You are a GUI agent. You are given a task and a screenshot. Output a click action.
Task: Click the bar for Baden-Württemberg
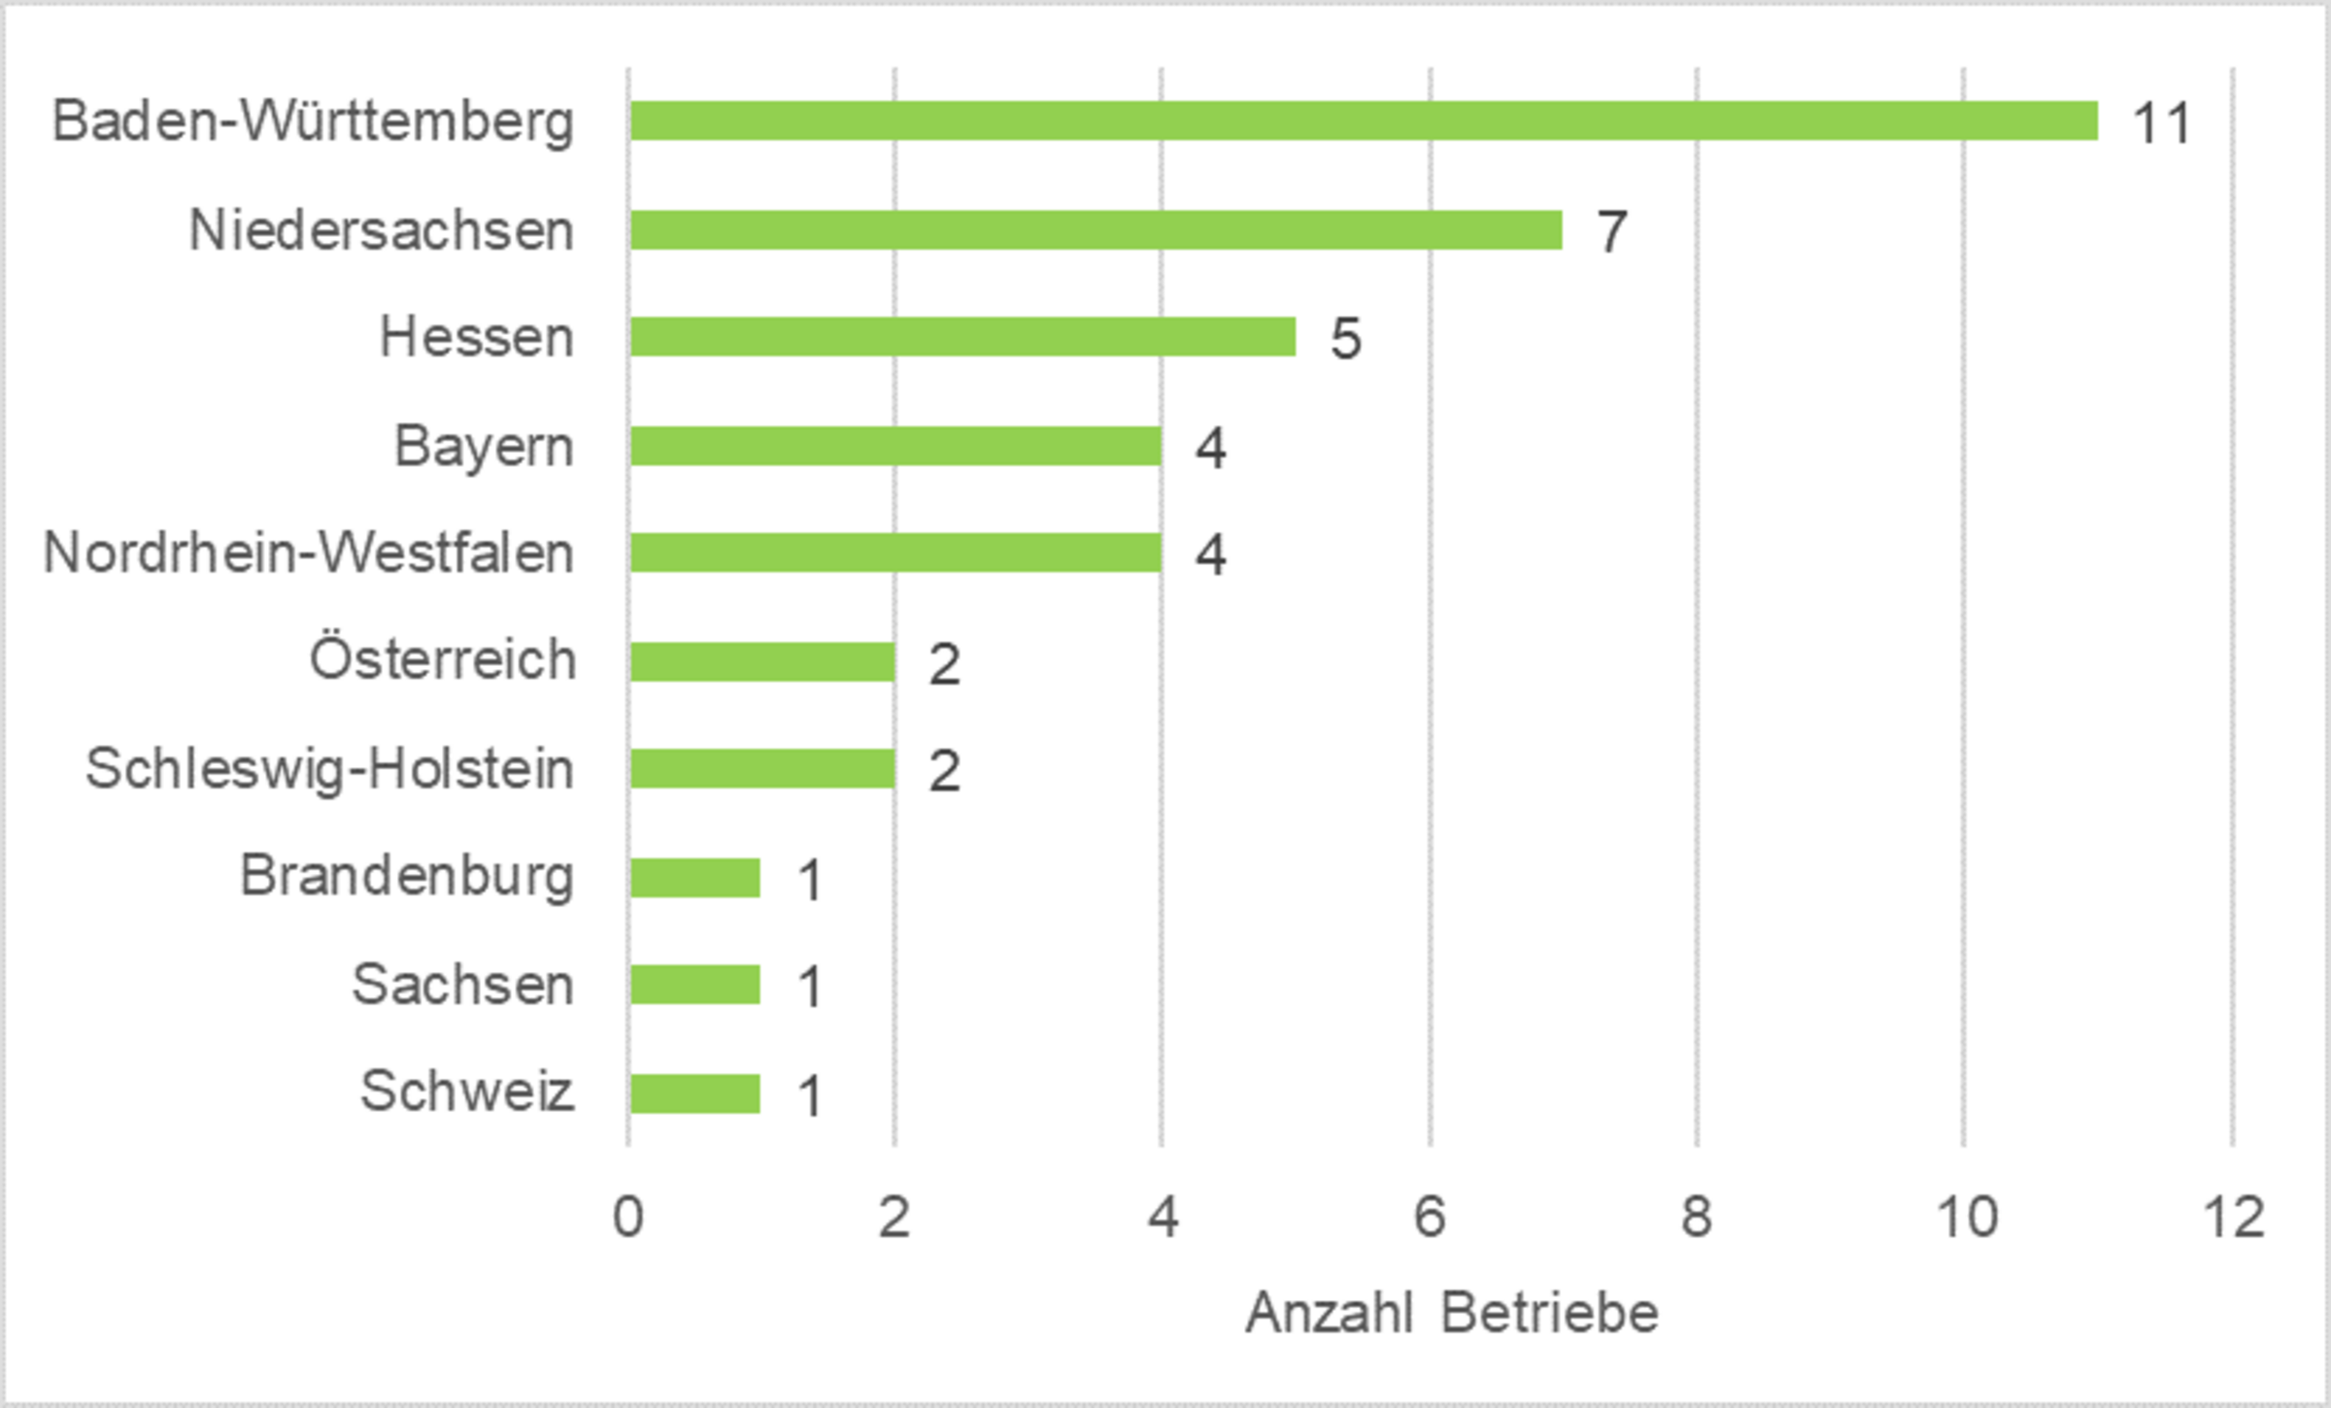coord(1363,121)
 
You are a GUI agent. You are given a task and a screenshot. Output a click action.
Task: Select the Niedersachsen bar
coord(1096,230)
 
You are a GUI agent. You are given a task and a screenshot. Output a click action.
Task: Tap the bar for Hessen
coord(962,337)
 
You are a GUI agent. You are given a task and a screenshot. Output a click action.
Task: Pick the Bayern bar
coord(895,446)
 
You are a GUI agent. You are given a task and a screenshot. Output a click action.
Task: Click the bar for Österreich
coord(761,661)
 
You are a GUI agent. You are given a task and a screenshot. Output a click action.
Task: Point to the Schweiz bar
coord(694,1093)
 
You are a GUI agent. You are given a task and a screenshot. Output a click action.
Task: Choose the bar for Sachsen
coord(694,985)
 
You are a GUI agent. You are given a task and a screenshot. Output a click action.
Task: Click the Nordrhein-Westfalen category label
coord(309,553)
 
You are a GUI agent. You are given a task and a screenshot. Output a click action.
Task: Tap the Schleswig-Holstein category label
coord(329,770)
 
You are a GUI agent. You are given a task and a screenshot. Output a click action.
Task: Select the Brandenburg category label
coord(407,877)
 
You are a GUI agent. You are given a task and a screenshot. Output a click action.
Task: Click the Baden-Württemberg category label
coord(313,122)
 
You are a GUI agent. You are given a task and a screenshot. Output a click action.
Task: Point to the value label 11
coord(2161,124)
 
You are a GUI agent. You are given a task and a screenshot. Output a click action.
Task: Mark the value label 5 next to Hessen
coord(1345,339)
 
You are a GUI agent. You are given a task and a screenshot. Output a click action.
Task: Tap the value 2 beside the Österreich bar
coord(944,664)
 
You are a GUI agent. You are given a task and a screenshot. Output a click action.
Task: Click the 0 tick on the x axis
coord(627,1217)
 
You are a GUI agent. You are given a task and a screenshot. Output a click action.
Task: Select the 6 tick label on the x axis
coord(1429,1217)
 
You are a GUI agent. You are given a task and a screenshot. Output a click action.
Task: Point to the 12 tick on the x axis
coord(2233,1217)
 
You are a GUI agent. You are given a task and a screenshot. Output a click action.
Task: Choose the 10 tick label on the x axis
coord(1966,1217)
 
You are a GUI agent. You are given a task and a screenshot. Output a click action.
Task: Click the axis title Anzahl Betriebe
coord(1452,1314)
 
